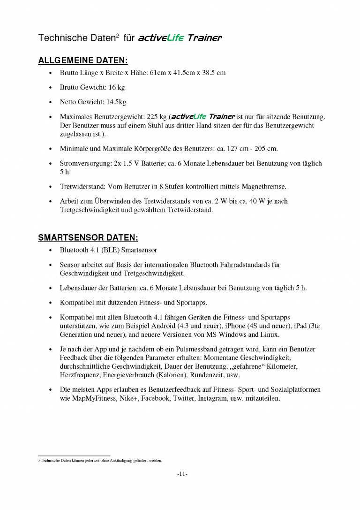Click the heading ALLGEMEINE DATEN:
coord(82,61)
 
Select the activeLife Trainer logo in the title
coord(180,38)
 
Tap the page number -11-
coord(182,474)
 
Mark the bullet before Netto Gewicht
coord(50,102)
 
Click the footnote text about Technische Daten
coord(100,461)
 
